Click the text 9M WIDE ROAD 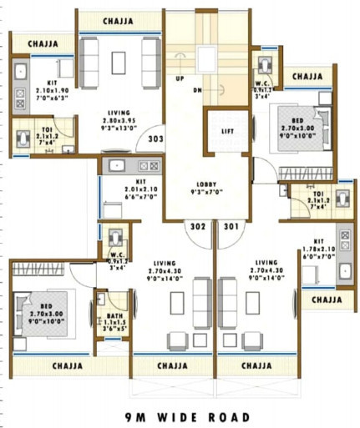pos(186,416)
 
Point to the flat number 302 pos(197,225)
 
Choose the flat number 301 pos(231,225)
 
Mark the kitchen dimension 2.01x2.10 pos(124,189)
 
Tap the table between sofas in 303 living pos(116,59)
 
